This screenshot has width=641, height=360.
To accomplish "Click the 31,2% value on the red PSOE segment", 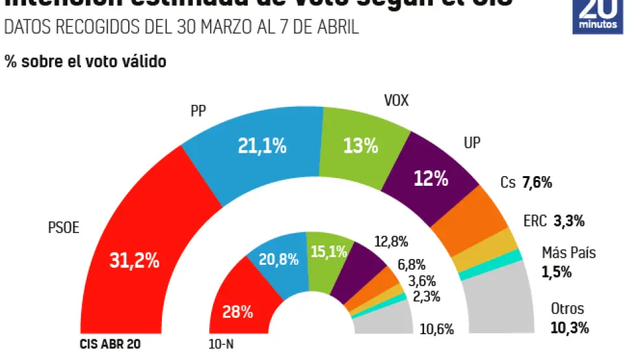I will click(134, 260).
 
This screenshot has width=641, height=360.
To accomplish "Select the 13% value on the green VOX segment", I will click(361, 146).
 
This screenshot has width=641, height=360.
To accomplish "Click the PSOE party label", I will click(63, 227).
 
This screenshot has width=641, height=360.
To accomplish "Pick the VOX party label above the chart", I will click(397, 101).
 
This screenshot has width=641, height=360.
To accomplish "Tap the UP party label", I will click(473, 142).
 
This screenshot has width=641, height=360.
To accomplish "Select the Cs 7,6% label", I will click(526, 183).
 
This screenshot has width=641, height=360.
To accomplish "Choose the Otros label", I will click(567, 309).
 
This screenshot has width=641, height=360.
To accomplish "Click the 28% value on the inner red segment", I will click(238, 312).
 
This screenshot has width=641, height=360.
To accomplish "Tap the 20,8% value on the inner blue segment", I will click(278, 260).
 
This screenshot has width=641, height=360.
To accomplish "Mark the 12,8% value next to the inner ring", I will click(392, 242).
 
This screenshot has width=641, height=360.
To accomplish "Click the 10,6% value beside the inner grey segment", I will click(436, 328).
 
